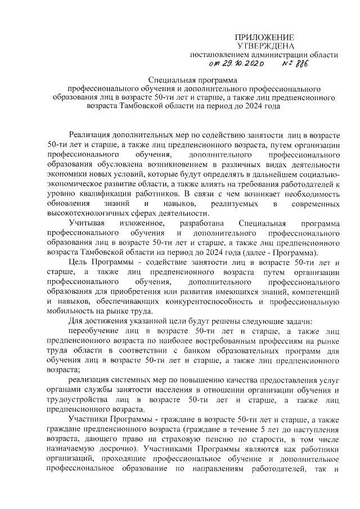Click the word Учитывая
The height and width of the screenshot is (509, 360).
85,223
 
